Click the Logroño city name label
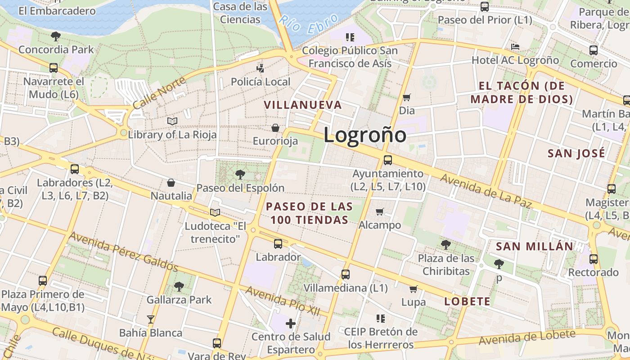364,135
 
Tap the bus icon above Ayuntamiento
387,160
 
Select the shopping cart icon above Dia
407,97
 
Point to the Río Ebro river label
308,24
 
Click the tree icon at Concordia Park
56,36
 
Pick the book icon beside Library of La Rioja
172,121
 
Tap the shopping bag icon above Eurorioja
275,128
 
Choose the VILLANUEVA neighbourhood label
303,105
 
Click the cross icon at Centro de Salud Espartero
291,323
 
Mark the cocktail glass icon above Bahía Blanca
151,319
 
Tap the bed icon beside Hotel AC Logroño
515,47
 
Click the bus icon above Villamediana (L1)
345,274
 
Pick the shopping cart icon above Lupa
413,289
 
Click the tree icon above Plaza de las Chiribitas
446,244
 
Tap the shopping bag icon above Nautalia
171,183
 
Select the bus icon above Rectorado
594,259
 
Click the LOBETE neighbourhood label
467,301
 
